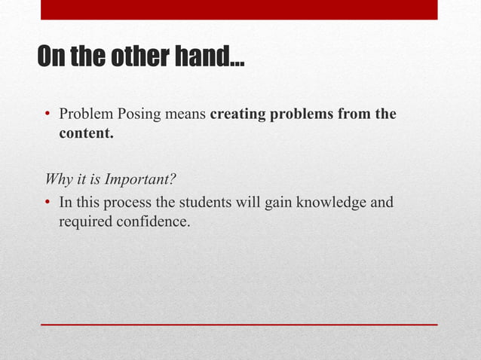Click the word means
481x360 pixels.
tap(184, 115)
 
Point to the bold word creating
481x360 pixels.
tap(237, 115)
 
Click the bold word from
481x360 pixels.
tap(357, 115)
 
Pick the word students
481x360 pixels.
tap(209, 203)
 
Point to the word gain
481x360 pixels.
tap(282, 203)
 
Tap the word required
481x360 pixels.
tap(84, 222)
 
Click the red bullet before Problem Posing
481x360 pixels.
tap(47, 116)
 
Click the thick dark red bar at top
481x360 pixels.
tap(238, 9)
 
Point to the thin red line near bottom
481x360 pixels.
tap(238, 324)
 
